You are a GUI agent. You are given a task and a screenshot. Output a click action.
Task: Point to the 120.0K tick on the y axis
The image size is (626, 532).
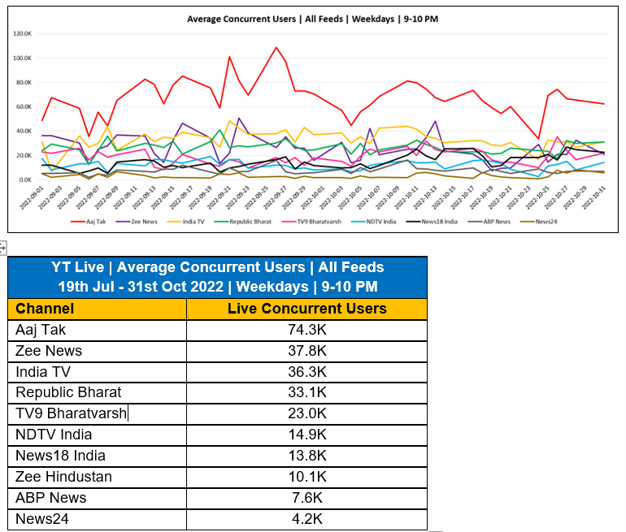click(x=22, y=34)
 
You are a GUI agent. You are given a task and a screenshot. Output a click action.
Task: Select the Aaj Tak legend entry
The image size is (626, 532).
click(x=92, y=220)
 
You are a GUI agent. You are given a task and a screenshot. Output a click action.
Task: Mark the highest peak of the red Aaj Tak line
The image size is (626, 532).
click(x=276, y=47)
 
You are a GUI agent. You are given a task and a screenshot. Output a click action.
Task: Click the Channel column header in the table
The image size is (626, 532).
click(x=45, y=309)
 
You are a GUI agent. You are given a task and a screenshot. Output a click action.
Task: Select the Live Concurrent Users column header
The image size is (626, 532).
click(x=306, y=309)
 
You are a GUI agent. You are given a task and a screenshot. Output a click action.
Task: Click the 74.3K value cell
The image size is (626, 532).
click(x=306, y=330)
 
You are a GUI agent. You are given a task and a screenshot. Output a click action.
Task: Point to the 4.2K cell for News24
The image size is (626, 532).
click(x=306, y=519)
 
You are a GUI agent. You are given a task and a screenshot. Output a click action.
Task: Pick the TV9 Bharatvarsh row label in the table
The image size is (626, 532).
click(x=72, y=413)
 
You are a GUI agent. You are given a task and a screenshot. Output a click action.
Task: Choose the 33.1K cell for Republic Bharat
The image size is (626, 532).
click(x=306, y=392)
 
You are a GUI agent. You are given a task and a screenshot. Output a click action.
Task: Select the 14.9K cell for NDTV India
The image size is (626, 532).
click(x=306, y=435)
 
